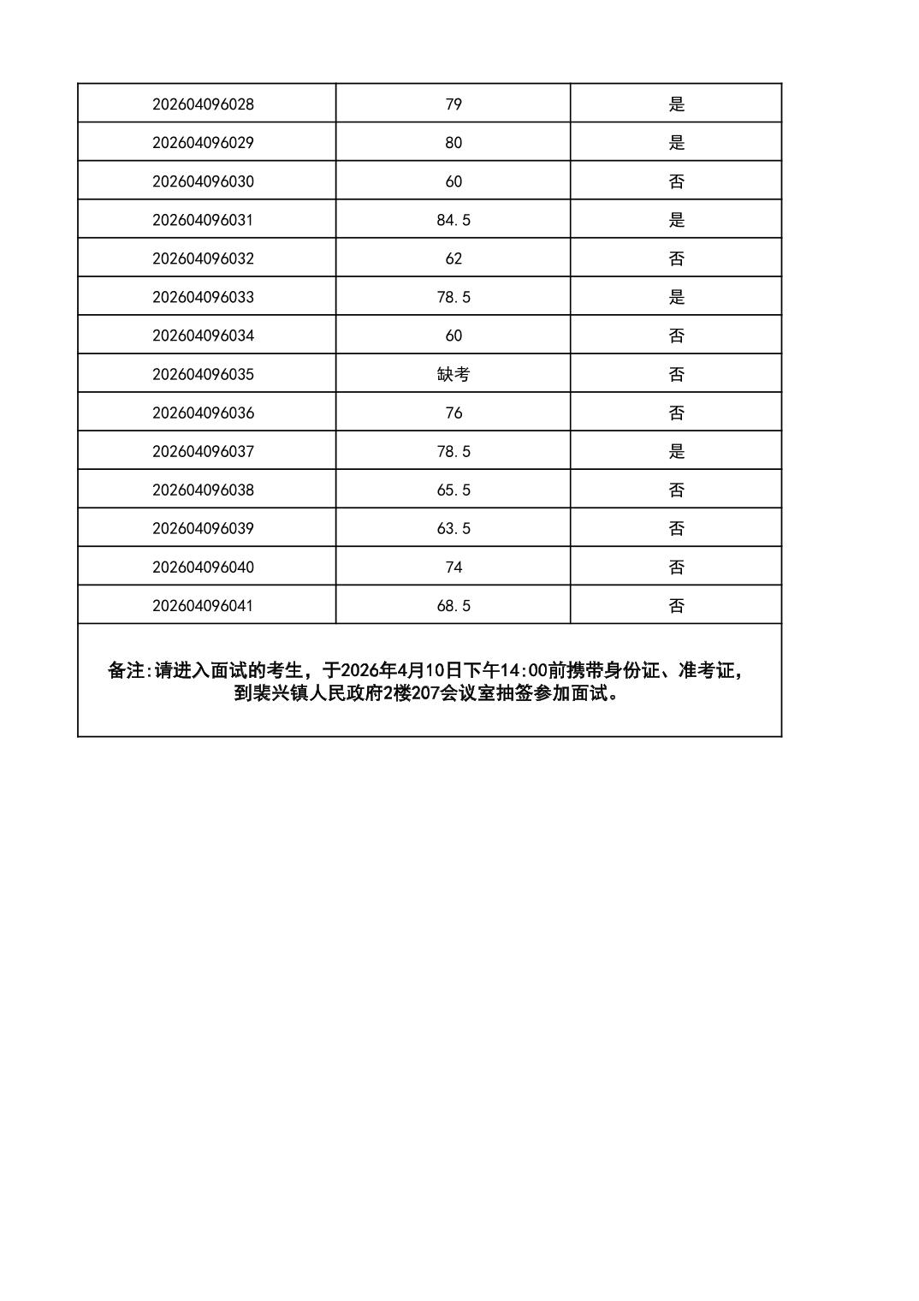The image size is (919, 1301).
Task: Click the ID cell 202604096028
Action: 203,104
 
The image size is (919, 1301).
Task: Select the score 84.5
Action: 454,220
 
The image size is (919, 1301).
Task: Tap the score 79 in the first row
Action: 454,104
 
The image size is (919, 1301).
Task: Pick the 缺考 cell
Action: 454,374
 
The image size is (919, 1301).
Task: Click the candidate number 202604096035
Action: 203,374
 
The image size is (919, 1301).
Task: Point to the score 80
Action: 454,143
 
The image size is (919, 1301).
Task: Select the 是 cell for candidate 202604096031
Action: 676,220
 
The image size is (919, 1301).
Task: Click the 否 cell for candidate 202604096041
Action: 676,606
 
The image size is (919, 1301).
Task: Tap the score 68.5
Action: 454,606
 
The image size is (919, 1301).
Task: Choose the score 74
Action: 454,567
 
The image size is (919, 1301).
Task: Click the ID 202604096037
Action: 203,451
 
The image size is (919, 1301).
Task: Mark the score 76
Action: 454,413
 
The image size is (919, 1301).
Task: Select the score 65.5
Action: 454,490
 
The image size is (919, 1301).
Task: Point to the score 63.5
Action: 454,528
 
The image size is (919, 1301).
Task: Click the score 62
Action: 454,258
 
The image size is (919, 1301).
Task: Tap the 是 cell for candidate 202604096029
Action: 676,143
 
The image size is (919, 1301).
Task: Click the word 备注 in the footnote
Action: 126,671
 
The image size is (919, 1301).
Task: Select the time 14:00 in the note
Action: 524,671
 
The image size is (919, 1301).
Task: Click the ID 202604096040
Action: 203,567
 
